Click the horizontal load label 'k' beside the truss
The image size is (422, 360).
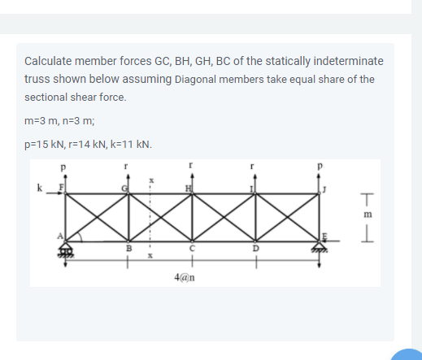[x=38, y=189]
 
